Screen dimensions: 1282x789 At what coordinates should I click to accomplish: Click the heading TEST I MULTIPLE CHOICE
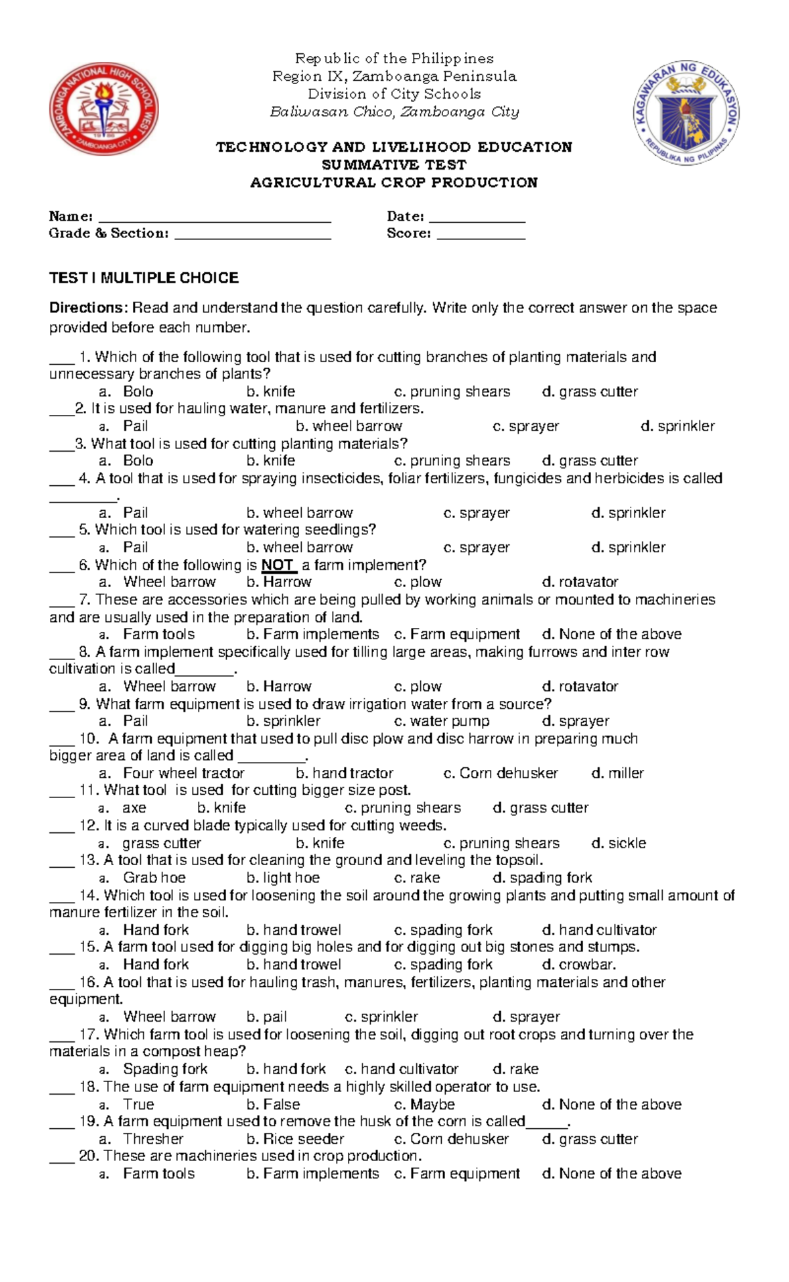(x=144, y=278)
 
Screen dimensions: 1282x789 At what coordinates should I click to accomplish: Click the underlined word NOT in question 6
(x=278, y=565)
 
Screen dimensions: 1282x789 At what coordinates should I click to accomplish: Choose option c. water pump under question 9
(x=442, y=721)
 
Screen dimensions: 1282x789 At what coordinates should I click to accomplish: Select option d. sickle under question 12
(x=619, y=843)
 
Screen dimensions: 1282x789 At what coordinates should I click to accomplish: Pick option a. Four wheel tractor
(x=172, y=773)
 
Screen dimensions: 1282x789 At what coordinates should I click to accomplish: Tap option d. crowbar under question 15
(x=579, y=964)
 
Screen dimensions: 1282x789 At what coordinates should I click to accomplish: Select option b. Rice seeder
(x=295, y=1139)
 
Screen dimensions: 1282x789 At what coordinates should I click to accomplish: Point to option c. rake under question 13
(x=417, y=878)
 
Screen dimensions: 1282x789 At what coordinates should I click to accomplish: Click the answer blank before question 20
(x=62, y=1158)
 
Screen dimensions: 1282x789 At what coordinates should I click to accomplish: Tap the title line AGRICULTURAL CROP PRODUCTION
(x=394, y=183)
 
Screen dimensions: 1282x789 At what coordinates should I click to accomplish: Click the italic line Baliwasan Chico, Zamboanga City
(x=394, y=112)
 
